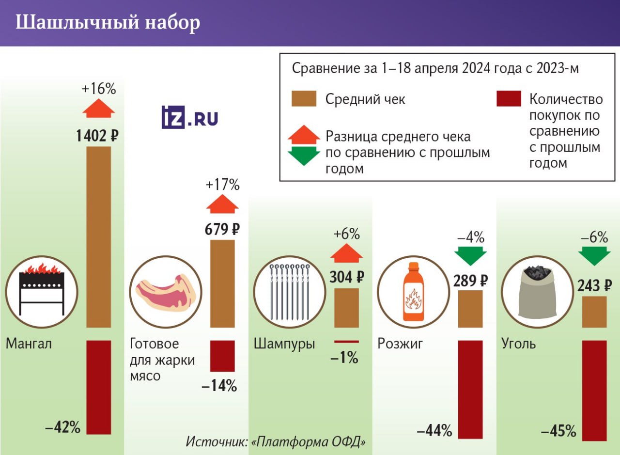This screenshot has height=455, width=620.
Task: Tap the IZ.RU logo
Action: [x=189, y=118]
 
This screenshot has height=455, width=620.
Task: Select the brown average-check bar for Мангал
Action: [x=99, y=236]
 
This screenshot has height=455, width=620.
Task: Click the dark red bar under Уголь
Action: [x=594, y=390]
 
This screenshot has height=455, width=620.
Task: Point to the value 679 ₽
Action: [x=222, y=229]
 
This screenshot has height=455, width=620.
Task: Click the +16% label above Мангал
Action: [x=99, y=89]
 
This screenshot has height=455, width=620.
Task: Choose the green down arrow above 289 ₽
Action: [x=470, y=255]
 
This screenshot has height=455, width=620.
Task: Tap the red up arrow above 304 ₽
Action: [x=346, y=254]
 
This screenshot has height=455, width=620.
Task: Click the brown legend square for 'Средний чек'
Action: [x=304, y=98]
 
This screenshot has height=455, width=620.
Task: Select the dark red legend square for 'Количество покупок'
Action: [x=509, y=98]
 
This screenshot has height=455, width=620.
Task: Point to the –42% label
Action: [x=62, y=427]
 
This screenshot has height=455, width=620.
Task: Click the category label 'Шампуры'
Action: [x=284, y=344]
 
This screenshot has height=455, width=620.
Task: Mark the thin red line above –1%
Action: [x=346, y=342]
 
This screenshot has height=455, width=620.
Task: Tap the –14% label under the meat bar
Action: [x=219, y=386]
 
